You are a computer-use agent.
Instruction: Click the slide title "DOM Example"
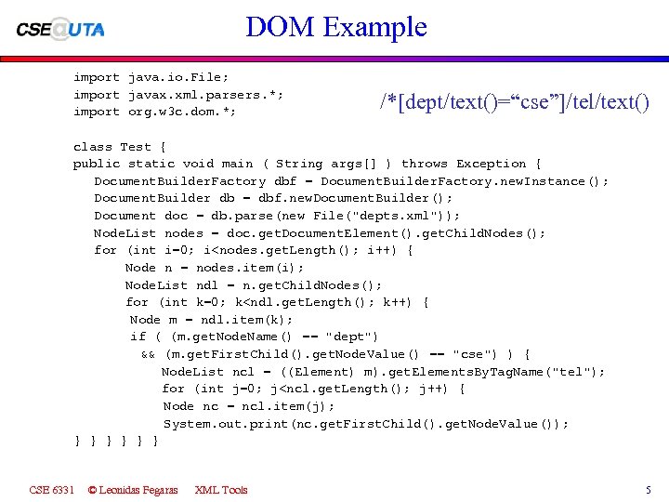[x=335, y=26]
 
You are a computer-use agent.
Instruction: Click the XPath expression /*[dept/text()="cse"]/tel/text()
[x=515, y=101]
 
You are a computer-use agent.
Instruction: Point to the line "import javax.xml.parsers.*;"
[x=178, y=95]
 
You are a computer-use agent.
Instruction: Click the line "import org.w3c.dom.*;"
[x=154, y=112]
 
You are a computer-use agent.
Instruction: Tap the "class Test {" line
[x=120, y=146]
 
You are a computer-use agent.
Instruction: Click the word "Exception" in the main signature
[x=492, y=164]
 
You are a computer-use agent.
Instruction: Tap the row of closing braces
[x=116, y=442]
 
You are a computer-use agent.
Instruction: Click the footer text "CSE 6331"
[x=52, y=490]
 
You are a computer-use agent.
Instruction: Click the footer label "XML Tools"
[x=221, y=490]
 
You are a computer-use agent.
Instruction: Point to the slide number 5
[x=649, y=490]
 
